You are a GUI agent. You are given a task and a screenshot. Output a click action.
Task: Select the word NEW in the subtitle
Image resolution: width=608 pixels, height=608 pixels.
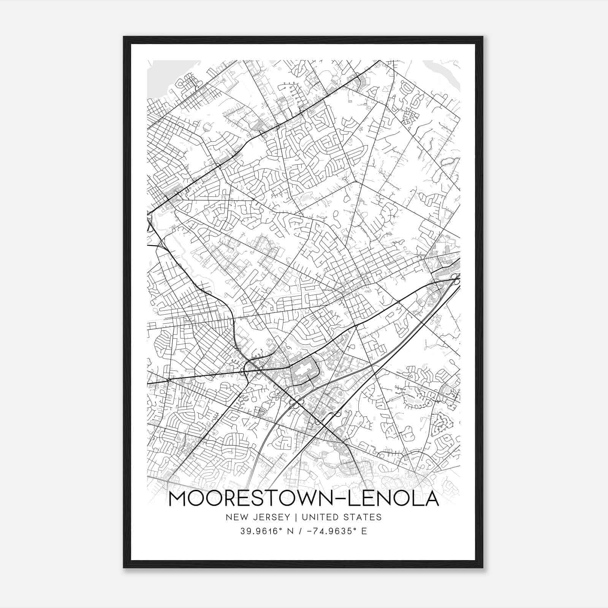pyautogui.click(x=235, y=517)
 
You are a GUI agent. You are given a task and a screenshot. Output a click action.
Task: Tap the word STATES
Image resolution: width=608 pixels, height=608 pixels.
pyautogui.click(x=362, y=517)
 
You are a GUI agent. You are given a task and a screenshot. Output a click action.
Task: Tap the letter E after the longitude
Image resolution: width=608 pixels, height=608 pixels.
pyautogui.click(x=364, y=531)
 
